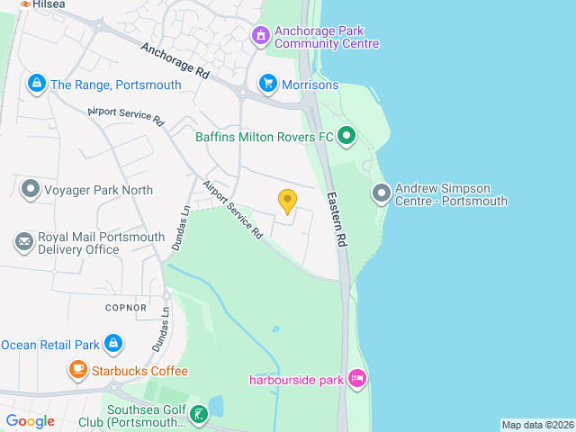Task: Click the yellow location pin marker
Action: [x=287, y=201]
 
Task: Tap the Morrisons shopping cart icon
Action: [x=267, y=84]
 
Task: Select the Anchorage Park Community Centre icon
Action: [x=260, y=36]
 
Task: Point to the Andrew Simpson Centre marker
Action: [x=382, y=193]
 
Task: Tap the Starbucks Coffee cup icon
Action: [x=78, y=370]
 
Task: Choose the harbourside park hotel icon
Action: [x=357, y=379]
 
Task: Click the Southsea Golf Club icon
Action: [x=198, y=415]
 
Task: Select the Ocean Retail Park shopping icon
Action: [x=112, y=344]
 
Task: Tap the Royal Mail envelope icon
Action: [x=23, y=242]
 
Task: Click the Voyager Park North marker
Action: [x=31, y=190]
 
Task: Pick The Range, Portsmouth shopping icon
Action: [x=36, y=85]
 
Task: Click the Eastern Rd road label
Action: [x=337, y=220]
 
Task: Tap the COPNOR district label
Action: [x=126, y=307]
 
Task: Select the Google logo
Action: [x=31, y=420]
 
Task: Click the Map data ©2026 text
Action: [x=537, y=425]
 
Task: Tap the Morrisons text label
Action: [x=310, y=85]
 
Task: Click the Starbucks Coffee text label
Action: [x=139, y=371]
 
